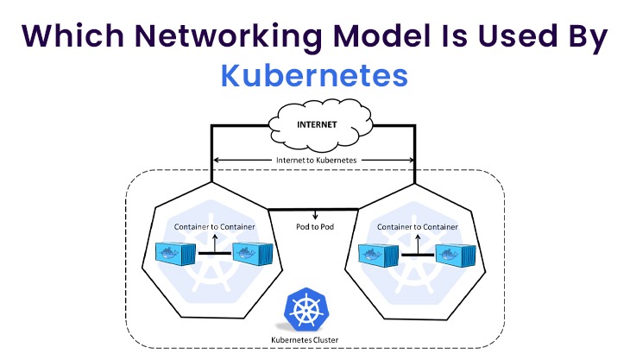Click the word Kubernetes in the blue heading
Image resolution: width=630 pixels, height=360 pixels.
point(314,75)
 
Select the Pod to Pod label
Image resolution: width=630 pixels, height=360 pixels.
point(314,228)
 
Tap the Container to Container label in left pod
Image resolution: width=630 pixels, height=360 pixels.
point(214,227)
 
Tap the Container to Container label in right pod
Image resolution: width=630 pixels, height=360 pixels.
point(417,227)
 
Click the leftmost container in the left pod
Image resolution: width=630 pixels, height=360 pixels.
point(176,254)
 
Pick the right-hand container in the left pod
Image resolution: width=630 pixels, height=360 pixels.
point(251,254)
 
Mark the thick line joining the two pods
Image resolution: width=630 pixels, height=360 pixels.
point(314,208)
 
